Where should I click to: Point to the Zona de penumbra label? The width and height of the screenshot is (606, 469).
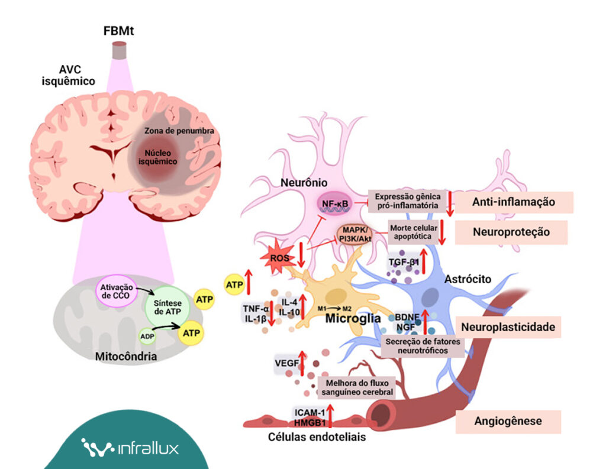click(x=178, y=131)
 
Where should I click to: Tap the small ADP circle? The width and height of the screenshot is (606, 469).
click(x=147, y=337)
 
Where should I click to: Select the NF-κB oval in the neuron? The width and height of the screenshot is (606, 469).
click(x=336, y=203)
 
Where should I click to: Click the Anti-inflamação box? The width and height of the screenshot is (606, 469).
click(x=514, y=202)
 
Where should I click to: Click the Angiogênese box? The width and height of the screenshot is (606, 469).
click(x=508, y=422)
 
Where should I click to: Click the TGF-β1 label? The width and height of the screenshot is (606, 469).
click(x=404, y=261)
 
